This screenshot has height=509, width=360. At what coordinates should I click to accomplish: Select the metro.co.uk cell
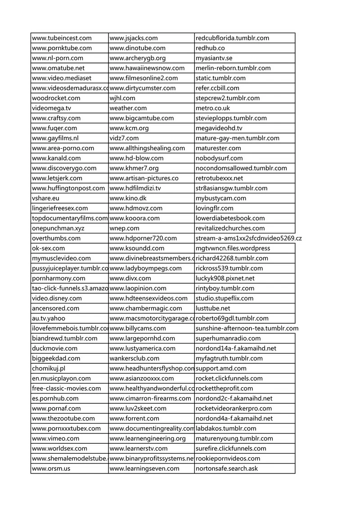(213, 108)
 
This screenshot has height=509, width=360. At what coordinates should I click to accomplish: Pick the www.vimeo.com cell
(56, 438)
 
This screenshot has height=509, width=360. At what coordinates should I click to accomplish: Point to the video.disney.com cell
(57, 298)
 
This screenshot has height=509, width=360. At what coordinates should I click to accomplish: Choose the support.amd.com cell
(221, 368)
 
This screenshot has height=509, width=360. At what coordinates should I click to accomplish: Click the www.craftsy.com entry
(56, 118)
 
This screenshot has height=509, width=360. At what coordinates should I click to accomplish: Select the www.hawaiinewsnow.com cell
(147, 68)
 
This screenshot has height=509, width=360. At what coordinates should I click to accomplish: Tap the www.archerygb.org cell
(138, 58)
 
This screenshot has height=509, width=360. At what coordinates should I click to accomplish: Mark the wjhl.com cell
(122, 98)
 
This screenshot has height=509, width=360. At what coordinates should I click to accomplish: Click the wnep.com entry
(124, 228)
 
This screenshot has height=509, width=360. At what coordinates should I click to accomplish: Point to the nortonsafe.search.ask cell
(227, 469)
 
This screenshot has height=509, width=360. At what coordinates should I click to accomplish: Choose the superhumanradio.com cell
(228, 338)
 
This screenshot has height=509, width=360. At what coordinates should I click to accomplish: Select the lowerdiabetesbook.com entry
(230, 218)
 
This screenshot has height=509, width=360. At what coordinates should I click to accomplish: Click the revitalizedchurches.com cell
(230, 228)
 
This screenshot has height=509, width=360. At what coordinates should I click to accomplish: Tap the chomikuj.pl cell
(49, 368)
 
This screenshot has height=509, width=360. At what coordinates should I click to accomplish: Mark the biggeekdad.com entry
(56, 358)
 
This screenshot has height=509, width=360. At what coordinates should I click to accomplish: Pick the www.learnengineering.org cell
(148, 438)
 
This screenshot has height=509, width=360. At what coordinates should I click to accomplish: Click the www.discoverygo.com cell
(64, 168)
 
